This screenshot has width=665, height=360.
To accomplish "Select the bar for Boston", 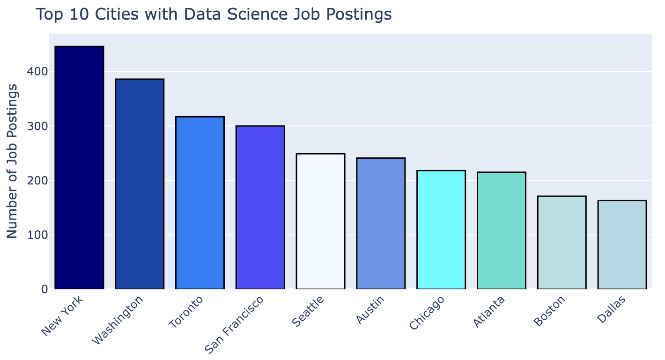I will pyautogui.click(x=562, y=242).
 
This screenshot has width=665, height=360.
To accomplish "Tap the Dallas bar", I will pyautogui.click(x=622, y=244).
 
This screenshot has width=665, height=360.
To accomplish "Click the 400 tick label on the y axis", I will pyautogui.click(x=37, y=72).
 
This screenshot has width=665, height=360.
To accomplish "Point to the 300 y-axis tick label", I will pyautogui.click(x=37, y=126).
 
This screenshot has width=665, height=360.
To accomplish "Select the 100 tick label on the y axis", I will pyautogui.click(x=37, y=235).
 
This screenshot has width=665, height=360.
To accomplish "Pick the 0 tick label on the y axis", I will pyautogui.click(x=44, y=289).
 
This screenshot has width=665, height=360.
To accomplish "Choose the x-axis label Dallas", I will pyautogui.click(x=610, y=309).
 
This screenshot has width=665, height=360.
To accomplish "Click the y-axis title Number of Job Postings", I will pyautogui.click(x=13, y=161).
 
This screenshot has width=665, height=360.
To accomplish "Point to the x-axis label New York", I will pyautogui.click(x=62, y=316).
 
